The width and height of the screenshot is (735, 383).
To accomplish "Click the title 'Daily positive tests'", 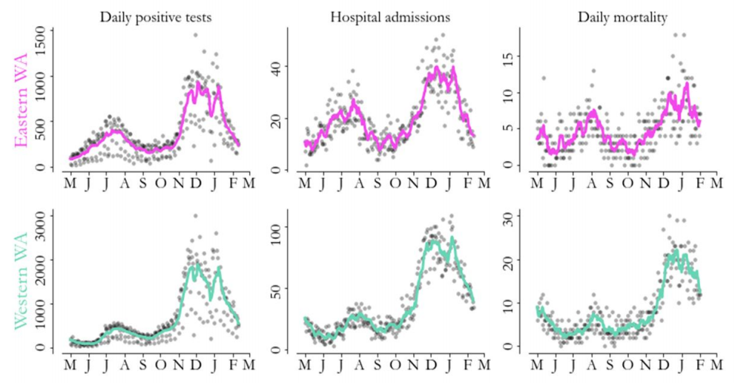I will pos(157,16).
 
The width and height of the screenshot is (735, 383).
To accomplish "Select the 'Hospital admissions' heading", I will pos(389,16).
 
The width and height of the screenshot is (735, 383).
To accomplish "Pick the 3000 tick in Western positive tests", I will pos(36,215).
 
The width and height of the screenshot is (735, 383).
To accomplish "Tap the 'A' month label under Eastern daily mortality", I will pos(590,181).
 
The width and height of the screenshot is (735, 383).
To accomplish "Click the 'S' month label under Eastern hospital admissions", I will pos(378,181).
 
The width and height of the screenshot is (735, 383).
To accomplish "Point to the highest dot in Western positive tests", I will pos(195,216).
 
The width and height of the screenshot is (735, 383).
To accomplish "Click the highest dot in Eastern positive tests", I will pos(196,35).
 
